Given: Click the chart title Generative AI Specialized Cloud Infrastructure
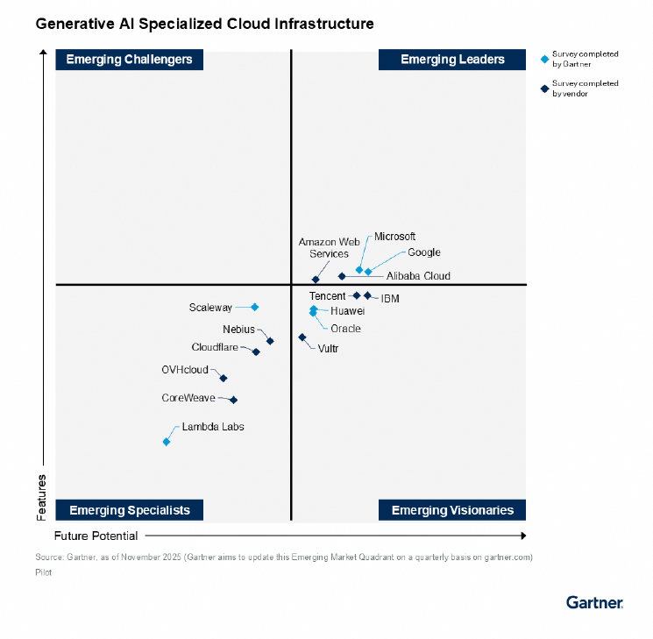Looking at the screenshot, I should point(204,24).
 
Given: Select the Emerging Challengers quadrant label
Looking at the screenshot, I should point(129,60).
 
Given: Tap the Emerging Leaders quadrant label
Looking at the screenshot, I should point(452,60).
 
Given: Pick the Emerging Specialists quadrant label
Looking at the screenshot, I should point(129,510).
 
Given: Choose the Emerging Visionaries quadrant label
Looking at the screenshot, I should point(452,510).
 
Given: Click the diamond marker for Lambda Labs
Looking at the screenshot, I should point(167,442).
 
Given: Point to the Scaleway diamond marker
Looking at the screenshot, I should point(255,307).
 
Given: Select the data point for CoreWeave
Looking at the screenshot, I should point(233,400).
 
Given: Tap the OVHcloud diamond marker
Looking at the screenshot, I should point(224,379).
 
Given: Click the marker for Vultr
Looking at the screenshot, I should point(302,337).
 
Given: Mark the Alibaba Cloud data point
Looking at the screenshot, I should point(342,277).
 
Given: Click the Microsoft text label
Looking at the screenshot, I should point(394,237).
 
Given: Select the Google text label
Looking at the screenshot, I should point(423,252).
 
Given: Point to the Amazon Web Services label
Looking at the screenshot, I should point(323,247).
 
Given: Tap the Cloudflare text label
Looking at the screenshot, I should point(215,347).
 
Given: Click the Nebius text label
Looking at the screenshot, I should point(238,330).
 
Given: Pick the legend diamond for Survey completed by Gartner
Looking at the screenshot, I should point(544,60).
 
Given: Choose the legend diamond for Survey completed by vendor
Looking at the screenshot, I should point(544,89).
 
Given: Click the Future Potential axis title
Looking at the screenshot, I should point(96,536).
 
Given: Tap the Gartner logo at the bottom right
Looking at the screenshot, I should point(594,602).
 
